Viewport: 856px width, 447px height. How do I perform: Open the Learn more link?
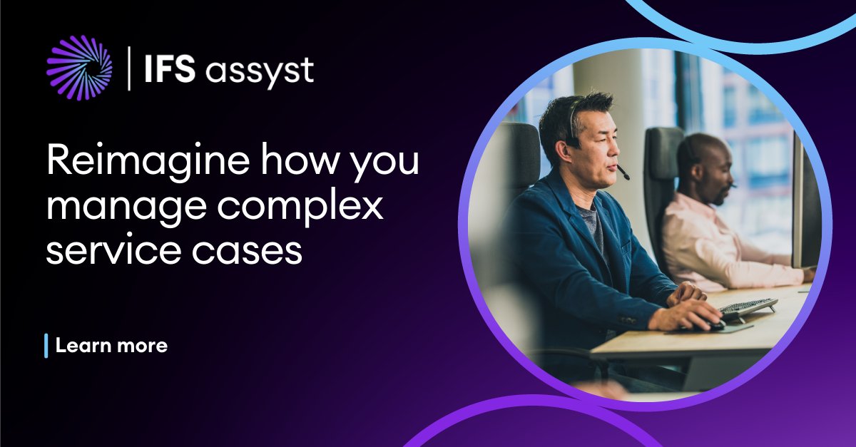[111, 346]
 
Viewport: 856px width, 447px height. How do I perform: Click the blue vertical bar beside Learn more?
[46, 346]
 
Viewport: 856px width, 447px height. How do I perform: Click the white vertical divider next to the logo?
[129, 68]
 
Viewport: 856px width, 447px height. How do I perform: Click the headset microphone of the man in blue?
[623, 174]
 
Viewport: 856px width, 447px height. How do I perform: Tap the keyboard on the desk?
[748, 308]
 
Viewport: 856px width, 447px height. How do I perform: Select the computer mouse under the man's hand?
[713, 324]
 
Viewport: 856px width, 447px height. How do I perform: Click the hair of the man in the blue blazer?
[571, 114]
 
